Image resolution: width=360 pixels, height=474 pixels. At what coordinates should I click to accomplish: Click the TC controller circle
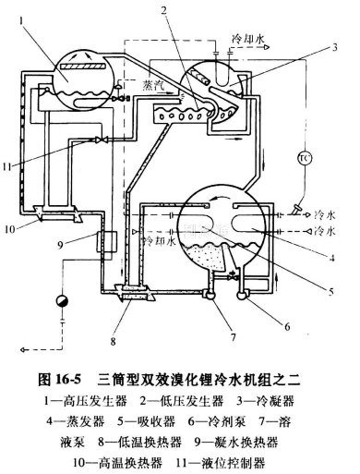pos(305,158)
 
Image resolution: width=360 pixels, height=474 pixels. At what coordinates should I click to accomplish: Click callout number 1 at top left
pos(21,21)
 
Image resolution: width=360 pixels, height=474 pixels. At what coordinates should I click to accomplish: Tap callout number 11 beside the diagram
pos(7,166)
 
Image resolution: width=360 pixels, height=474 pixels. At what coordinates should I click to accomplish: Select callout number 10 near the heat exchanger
pos(9,229)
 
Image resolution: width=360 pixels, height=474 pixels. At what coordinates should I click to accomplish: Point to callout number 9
pos(60,245)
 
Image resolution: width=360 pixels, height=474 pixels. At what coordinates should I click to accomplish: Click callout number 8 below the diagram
pos(114,341)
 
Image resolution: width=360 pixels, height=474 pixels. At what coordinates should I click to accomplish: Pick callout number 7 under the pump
pos(234,337)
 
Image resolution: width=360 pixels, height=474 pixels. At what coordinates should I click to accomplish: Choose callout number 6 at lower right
pos(287,326)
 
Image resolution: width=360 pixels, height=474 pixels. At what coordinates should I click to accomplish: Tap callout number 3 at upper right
pos(334,47)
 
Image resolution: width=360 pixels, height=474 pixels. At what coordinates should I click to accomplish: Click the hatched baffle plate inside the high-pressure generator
pos(83,67)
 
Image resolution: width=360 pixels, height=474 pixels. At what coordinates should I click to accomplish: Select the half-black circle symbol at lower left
pos(62,300)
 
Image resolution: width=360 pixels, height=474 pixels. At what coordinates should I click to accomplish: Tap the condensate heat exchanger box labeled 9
pos(106,242)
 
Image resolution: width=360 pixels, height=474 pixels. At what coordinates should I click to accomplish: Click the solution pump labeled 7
pos(210,294)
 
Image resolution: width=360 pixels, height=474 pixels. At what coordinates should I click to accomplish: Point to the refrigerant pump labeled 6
pos(243,294)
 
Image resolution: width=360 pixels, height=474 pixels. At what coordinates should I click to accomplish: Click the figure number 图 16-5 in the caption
pos(59,380)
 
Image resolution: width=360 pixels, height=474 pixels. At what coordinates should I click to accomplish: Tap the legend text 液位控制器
pos(233,462)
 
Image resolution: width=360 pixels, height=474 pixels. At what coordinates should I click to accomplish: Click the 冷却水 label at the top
pos(247,39)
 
